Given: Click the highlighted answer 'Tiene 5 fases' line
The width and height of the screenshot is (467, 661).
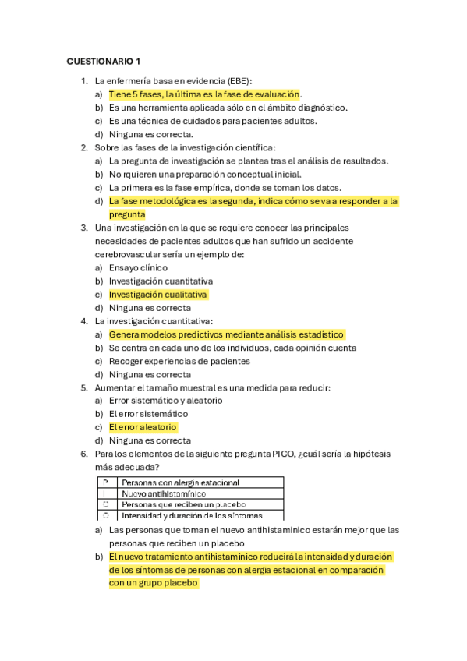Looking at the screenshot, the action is tap(204, 94).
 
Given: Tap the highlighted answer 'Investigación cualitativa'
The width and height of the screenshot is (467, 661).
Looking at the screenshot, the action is tap(157, 295).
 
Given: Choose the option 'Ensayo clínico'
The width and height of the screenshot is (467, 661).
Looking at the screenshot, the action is tap(138, 267).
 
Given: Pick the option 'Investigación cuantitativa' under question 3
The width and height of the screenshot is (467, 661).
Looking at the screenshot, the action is tap(161, 281).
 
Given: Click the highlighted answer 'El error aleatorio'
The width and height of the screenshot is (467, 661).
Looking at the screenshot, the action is tap(143, 427).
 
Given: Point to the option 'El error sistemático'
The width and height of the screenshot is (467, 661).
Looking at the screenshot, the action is tap(148, 414).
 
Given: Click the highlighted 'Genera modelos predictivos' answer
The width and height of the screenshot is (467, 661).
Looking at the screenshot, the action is tap(226, 334).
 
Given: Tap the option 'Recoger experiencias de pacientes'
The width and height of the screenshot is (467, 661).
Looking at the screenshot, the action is tap(179, 361).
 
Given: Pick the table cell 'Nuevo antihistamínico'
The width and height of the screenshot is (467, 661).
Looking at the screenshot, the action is tap(164, 493).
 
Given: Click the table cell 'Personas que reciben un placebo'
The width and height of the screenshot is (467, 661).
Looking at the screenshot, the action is tap(179, 504).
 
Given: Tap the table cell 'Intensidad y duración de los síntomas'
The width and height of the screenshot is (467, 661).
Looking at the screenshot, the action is tap(192, 515).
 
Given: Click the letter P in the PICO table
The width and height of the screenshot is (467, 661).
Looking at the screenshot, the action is tap(104, 483).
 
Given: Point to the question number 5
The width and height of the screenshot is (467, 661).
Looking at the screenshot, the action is tap(84, 387).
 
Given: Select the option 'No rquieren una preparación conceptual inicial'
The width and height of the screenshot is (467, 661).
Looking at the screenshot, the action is tap(204, 175).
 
